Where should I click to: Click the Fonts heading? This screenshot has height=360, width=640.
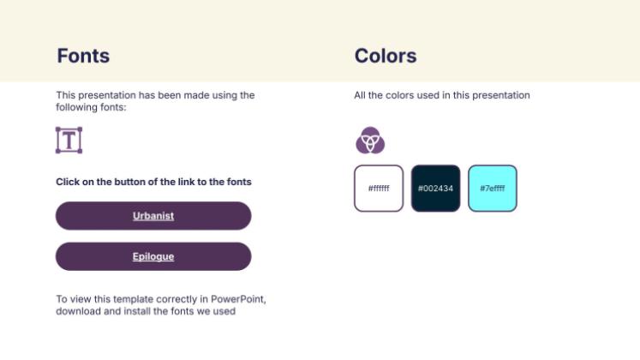click(x=83, y=57)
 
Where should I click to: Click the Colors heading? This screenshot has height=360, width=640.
click(x=386, y=57)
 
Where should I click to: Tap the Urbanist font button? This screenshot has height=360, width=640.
click(x=153, y=216)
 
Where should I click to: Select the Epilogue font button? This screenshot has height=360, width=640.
click(x=153, y=256)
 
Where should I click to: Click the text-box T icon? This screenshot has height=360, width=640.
click(x=69, y=140)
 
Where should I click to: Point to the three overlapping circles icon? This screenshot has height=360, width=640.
click(x=370, y=140)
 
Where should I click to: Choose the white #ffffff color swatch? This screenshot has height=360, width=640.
click(x=379, y=189)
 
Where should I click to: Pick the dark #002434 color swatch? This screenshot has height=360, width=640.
click(x=435, y=189)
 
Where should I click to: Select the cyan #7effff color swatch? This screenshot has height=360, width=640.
click(x=493, y=189)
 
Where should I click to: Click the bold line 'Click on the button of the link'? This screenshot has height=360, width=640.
click(x=153, y=182)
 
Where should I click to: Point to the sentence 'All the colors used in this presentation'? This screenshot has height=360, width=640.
click(x=442, y=95)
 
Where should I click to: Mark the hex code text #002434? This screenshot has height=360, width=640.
click(x=435, y=189)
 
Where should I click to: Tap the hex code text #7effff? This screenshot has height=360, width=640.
click(x=493, y=189)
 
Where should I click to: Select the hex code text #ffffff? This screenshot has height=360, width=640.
click(x=379, y=189)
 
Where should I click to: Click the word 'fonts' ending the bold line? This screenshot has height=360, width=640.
click(x=239, y=182)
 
